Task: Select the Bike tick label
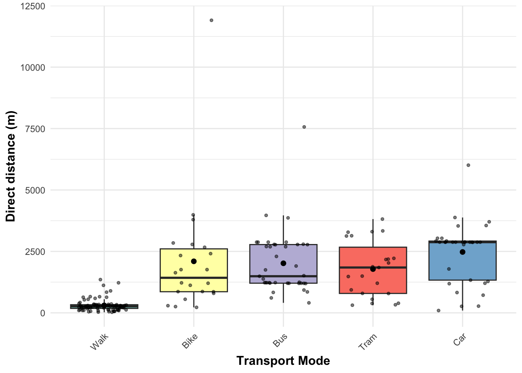(190, 342)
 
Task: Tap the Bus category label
(280, 340)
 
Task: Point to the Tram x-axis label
(367, 342)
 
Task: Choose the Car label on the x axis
(459, 340)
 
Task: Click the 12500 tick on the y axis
(33, 6)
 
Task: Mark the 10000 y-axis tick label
(33, 68)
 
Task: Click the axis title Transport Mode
(283, 361)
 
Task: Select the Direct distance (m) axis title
(10, 166)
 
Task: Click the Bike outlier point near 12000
(211, 20)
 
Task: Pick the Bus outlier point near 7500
(304, 127)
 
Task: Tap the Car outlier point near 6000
(468, 165)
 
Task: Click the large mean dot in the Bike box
(194, 261)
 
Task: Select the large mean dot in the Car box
(463, 252)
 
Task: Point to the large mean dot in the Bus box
(284, 263)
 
